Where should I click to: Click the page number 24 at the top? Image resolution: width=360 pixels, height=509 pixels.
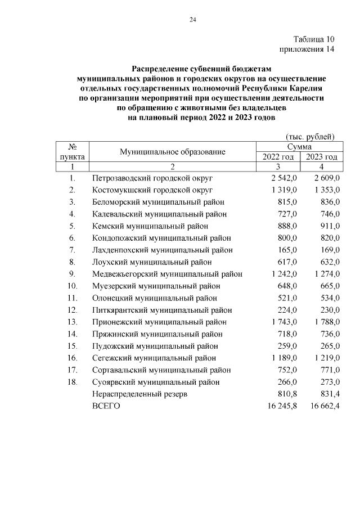pos(192,20)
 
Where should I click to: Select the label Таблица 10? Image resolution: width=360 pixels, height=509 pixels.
pos(314,39)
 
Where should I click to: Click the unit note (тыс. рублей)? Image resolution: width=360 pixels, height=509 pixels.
pos(310,136)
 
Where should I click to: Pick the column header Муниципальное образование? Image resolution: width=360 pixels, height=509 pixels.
pos(172,152)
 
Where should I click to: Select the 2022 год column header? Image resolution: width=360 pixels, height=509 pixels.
pos(278,157)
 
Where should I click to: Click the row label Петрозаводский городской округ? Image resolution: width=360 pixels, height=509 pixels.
pos(152,178)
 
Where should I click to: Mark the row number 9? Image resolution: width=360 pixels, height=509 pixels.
pos(73,274)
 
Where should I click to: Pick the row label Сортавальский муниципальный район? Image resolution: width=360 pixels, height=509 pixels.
pos(161,370)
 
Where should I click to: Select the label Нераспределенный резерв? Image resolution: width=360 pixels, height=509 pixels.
pos(139,394)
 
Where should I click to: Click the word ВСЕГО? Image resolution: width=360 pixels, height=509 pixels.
pos(106,406)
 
